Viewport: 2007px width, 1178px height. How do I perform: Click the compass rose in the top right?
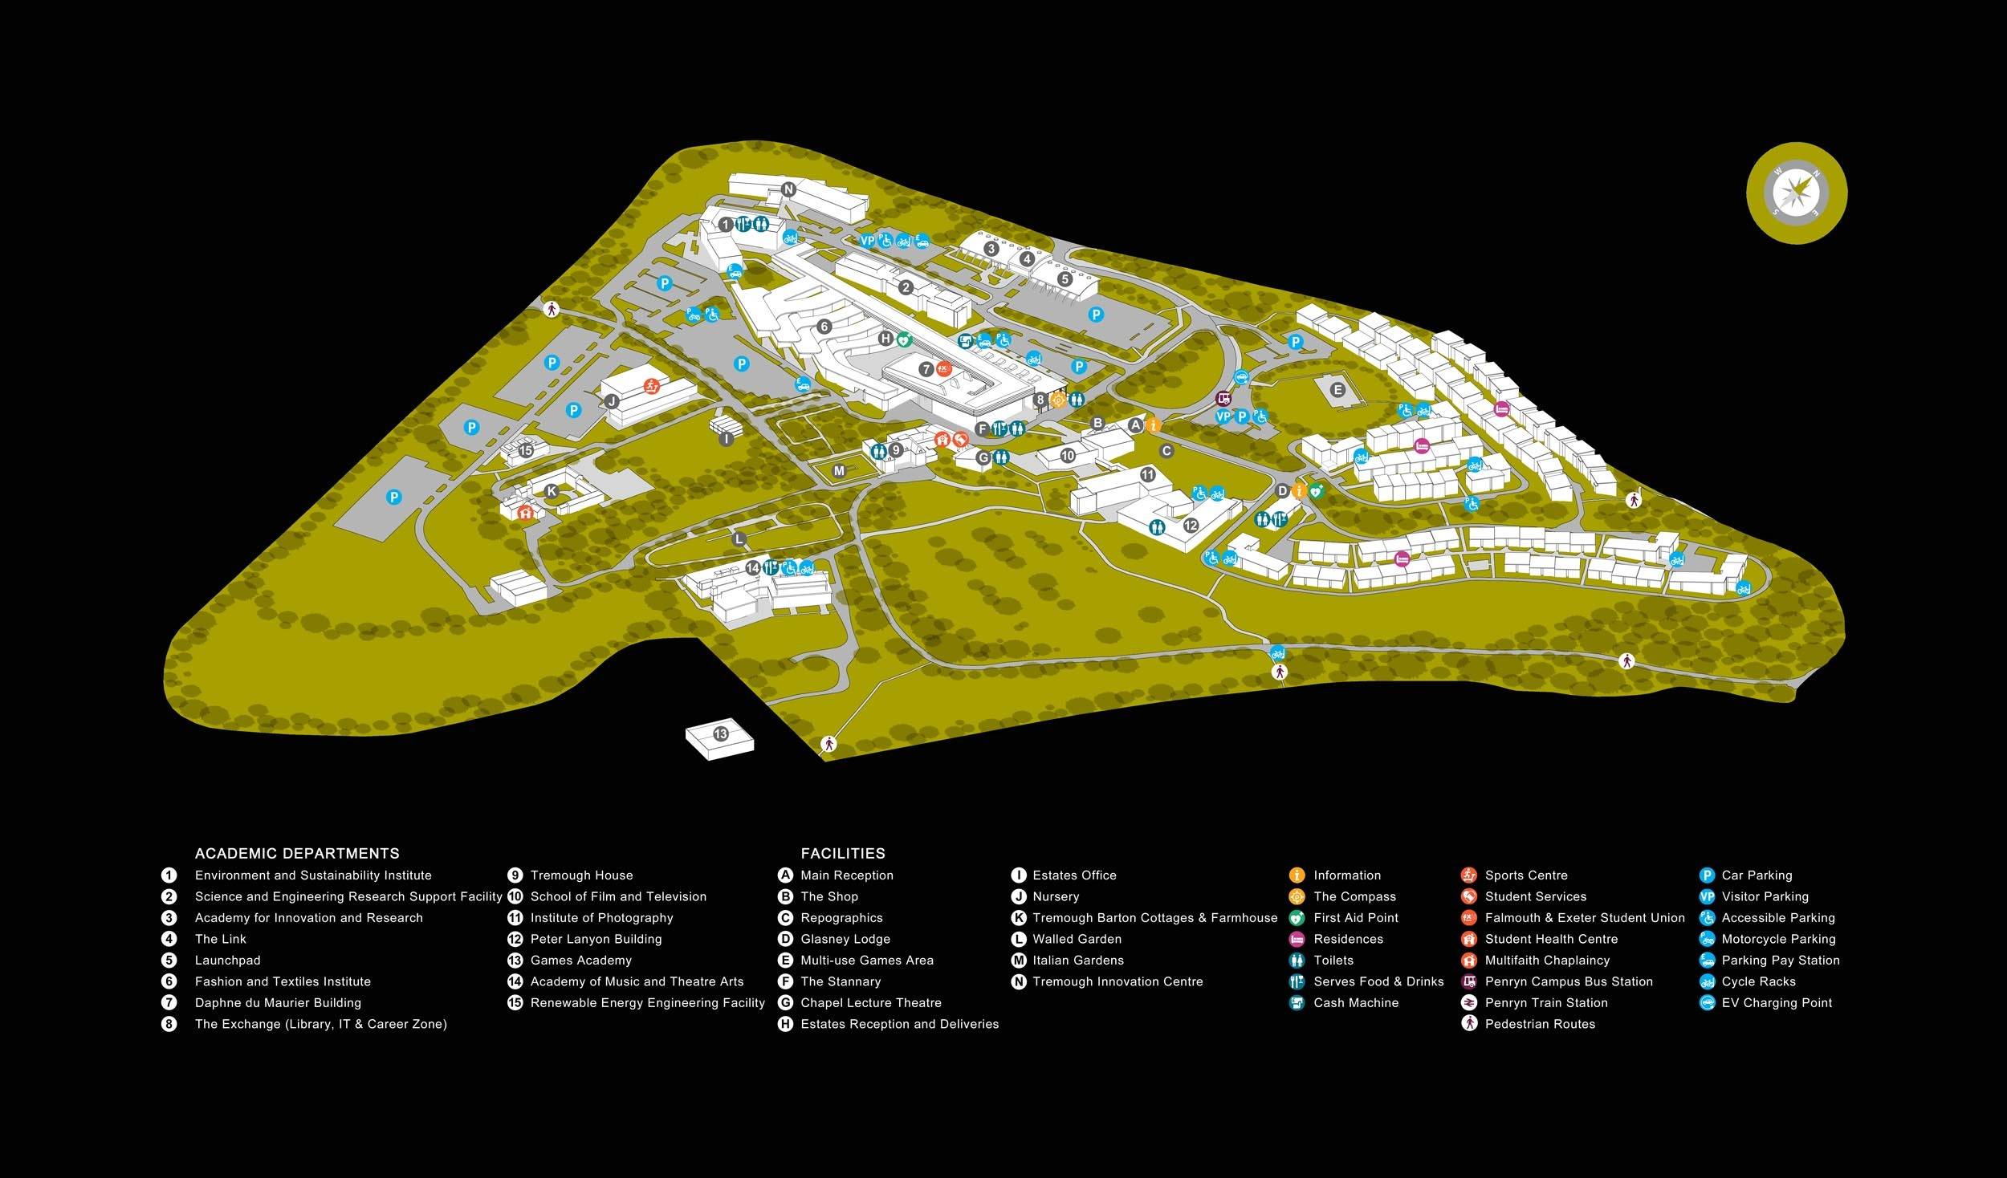pyautogui.click(x=1797, y=193)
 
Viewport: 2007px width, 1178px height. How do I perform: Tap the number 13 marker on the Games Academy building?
pyautogui.click(x=720, y=734)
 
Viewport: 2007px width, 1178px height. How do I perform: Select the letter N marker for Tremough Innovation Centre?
pyautogui.click(x=788, y=190)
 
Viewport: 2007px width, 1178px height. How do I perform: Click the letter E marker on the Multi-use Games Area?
pyautogui.click(x=1337, y=391)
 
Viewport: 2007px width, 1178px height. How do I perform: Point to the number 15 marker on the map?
pyautogui.click(x=526, y=451)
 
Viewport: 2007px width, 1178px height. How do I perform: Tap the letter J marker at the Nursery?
pyautogui.click(x=612, y=401)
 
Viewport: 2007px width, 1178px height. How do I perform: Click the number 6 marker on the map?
pyautogui.click(x=824, y=327)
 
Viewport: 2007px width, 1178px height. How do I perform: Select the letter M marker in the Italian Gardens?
pyautogui.click(x=839, y=471)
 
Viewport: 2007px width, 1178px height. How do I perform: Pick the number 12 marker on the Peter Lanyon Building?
pyautogui.click(x=1191, y=526)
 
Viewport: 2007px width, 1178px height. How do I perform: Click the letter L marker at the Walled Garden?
pyautogui.click(x=739, y=539)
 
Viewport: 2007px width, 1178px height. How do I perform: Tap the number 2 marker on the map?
pyautogui.click(x=906, y=287)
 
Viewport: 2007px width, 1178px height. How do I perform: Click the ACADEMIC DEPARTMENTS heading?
pyautogui.click(x=297, y=853)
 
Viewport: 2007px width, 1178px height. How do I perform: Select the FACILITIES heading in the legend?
pyautogui.click(x=843, y=853)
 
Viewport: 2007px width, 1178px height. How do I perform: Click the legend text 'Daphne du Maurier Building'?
pyautogui.click(x=278, y=1002)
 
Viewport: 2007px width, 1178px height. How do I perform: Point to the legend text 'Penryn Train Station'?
pyautogui.click(x=1546, y=1002)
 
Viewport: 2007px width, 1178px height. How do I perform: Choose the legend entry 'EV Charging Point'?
pyautogui.click(x=1777, y=1002)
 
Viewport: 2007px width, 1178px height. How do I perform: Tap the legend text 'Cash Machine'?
pyautogui.click(x=1356, y=1002)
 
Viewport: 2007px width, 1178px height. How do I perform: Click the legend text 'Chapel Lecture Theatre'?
pyautogui.click(x=871, y=1002)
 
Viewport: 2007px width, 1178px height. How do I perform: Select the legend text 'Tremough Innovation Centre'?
pyautogui.click(x=1117, y=981)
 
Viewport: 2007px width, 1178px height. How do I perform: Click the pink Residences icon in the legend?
pyautogui.click(x=1296, y=939)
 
